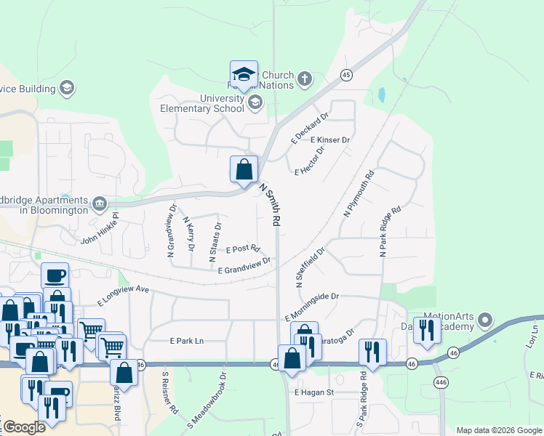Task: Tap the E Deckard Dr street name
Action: (310, 126)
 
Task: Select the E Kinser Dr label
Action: (330, 140)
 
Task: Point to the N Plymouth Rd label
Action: (357, 193)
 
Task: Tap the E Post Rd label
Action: (243, 249)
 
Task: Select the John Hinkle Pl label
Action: (99, 230)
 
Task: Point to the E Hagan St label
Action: (313, 392)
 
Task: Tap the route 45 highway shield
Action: (346, 75)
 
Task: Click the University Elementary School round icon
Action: (255, 102)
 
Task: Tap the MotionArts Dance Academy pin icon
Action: (486, 320)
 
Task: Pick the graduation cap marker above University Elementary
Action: (244, 73)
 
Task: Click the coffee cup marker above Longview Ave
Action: (55, 275)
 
